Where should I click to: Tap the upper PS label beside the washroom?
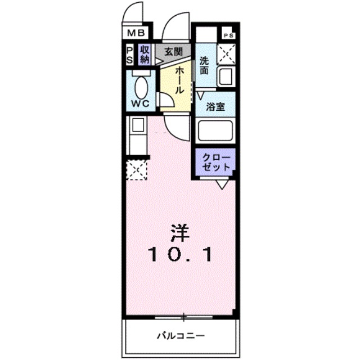point(228,34)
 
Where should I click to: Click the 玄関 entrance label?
point(173,52)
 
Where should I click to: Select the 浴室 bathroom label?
point(215,107)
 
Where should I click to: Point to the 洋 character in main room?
point(180,232)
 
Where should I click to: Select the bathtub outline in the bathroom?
point(215,132)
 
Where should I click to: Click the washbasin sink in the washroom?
point(226,76)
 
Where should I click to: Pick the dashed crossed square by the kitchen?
point(137,169)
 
